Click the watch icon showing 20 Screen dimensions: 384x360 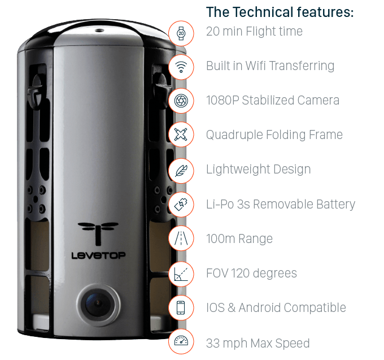(181, 33)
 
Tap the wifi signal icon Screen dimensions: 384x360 (181, 67)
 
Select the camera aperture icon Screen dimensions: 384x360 (181, 101)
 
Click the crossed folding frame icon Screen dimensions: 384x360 (181, 135)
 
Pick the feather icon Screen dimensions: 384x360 (181, 170)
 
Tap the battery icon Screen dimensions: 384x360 (181, 205)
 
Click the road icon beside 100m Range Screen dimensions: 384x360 (181, 238)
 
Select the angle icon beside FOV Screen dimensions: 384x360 (181, 274)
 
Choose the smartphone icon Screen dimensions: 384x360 (181, 307)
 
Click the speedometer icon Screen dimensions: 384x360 (181, 341)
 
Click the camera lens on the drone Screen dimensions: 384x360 (98, 305)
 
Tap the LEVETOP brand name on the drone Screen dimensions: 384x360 (98, 255)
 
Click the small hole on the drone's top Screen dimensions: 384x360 (99, 31)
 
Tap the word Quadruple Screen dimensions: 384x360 (234, 135)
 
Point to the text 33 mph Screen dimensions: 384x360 (226, 344)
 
